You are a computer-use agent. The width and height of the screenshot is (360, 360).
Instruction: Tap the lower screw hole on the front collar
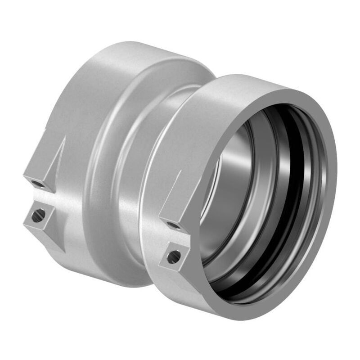pyautogui.click(x=174, y=257)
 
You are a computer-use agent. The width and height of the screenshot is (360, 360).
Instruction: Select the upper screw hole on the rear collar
pyautogui.click(x=36, y=183)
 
